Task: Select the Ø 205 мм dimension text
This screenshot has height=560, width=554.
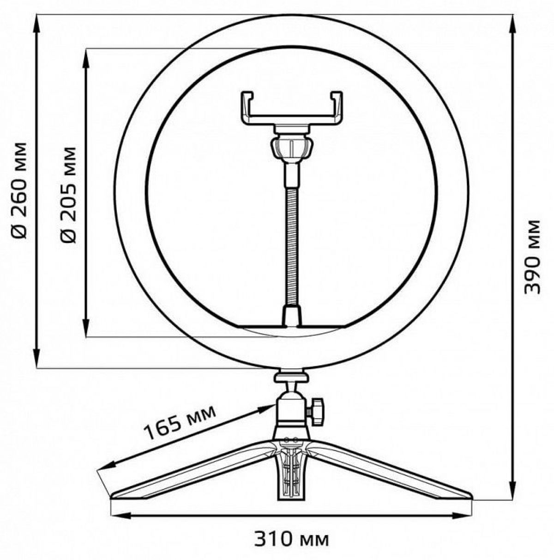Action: [69, 195]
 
